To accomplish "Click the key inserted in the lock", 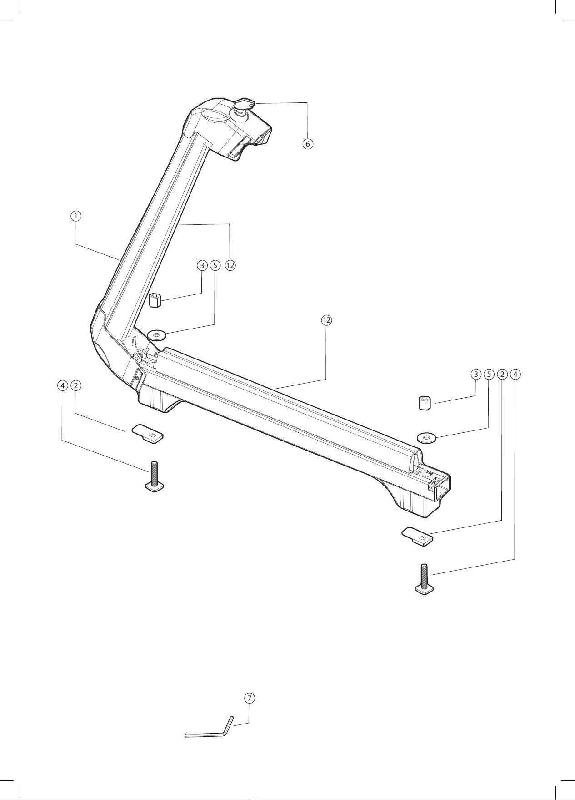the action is point(244,104).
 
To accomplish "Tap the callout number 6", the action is point(308,144).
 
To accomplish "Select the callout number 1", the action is point(76,215).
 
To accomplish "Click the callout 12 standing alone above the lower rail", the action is point(326,320).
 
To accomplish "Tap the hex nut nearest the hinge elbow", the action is point(155,300).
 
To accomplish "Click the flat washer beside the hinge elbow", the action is point(157,336).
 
